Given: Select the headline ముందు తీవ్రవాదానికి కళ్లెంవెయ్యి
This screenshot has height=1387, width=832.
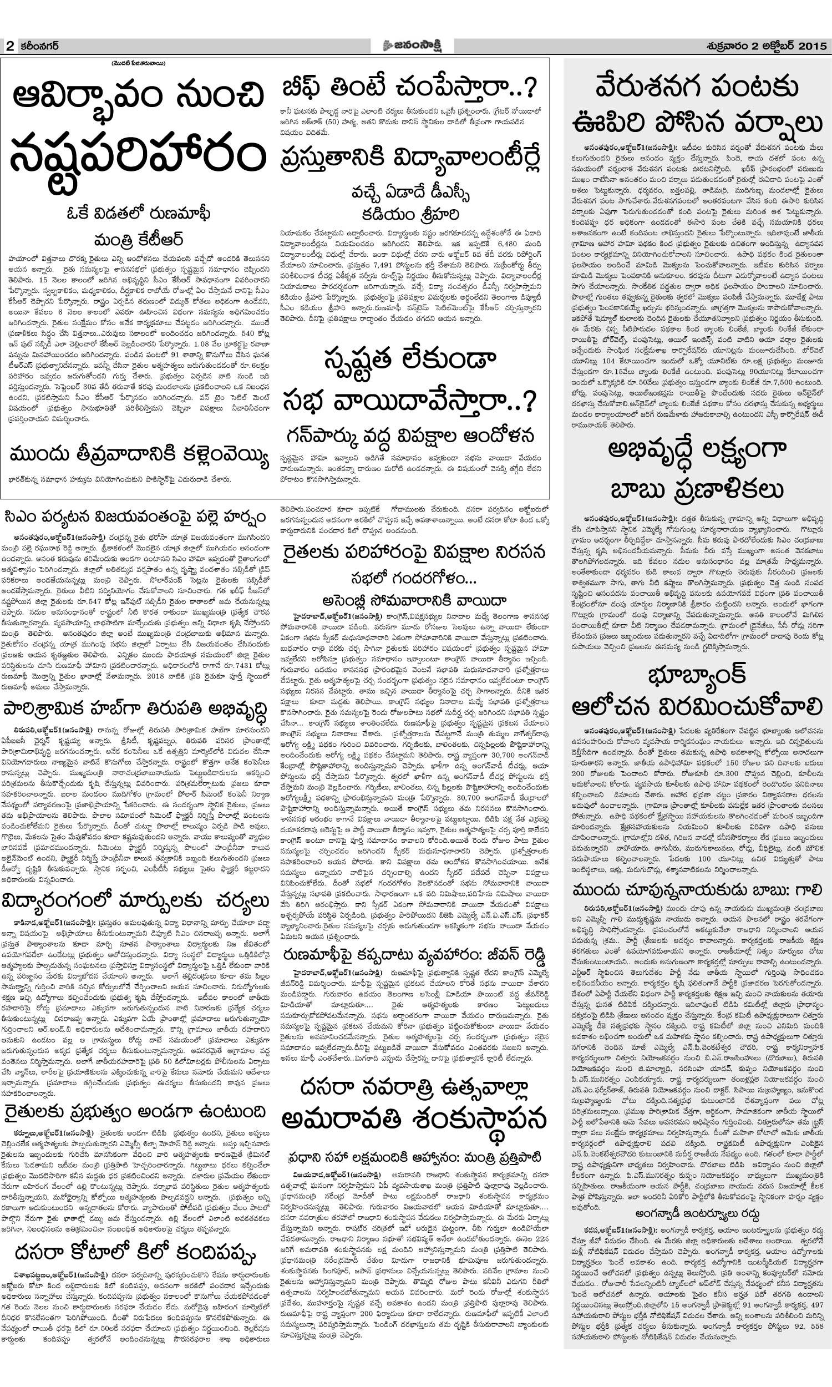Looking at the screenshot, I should [x=140, y=455].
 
